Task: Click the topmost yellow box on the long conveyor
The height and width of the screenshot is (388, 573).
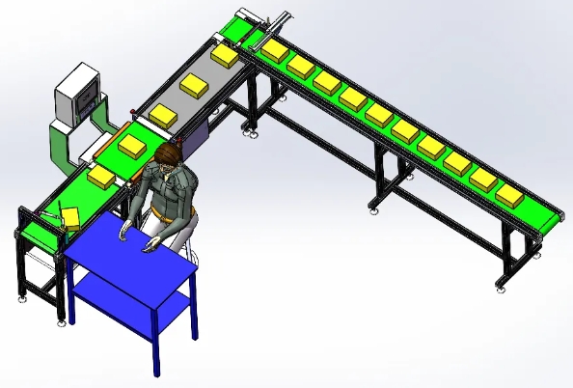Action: point(275,49)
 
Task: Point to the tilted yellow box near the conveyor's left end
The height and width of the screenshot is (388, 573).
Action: point(70,214)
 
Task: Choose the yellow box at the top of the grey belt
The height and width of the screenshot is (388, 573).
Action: point(226,56)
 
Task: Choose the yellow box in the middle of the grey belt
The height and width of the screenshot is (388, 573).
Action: point(196,86)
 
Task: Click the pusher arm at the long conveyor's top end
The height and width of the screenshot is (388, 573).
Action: point(281,20)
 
